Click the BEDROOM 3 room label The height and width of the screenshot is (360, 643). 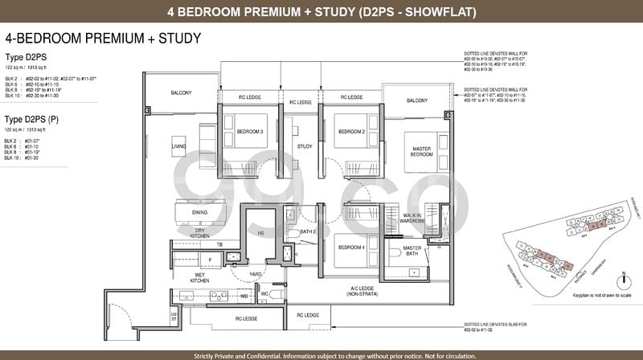(x=249, y=131)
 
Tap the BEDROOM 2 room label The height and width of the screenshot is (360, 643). (x=350, y=131)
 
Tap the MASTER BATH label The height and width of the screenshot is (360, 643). (x=412, y=251)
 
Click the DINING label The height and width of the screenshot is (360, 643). (x=199, y=212)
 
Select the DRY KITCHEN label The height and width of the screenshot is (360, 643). (x=200, y=233)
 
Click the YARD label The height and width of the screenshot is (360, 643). (x=256, y=272)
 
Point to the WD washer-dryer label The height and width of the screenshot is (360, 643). (x=244, y=295)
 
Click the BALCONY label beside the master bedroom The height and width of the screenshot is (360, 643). (x=416, y=100)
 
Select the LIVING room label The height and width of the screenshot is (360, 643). (x=179, y=146)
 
